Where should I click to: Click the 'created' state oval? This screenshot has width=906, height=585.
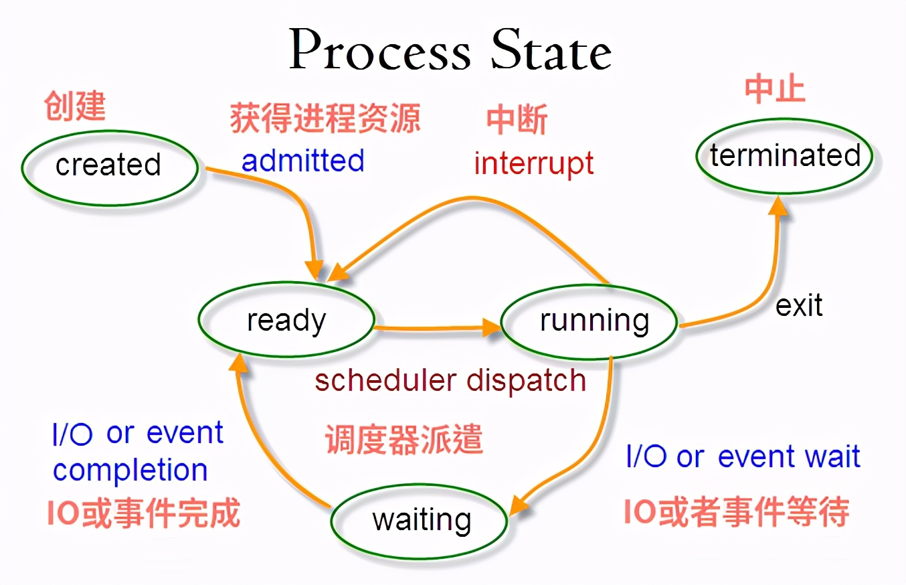click(x=110, y=166)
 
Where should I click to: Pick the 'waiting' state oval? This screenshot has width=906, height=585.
click(x=420, y=520)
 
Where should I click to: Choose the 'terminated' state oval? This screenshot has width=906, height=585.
click(x=785, y=156)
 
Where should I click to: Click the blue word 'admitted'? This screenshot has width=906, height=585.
click(x=302, y=161)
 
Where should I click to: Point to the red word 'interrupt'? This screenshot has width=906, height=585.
click(x=533, y=164)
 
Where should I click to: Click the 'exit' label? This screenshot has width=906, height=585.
click(x=799, y=306)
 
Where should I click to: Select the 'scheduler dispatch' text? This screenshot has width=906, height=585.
click(x=450, y=381)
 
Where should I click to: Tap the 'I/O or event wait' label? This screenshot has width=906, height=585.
click(x=743, y=457)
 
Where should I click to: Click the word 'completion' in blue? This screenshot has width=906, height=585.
click(x=130, y=470)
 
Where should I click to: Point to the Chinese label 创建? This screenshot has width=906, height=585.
click(x=75, y=106)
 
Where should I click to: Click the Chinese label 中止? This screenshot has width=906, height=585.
click(x=775, y=90)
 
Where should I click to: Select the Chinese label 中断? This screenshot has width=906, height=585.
click(x=517, y=120)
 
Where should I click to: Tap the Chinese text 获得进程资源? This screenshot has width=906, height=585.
click(x=325, y=118)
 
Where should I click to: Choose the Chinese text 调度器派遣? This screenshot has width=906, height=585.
click(x=404, y=441)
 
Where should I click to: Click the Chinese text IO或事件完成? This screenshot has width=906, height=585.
click(x=143, y=513)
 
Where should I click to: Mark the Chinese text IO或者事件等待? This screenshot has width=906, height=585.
click(x=737, y=512)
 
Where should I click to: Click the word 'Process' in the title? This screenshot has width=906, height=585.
click(x=380, y=52)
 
